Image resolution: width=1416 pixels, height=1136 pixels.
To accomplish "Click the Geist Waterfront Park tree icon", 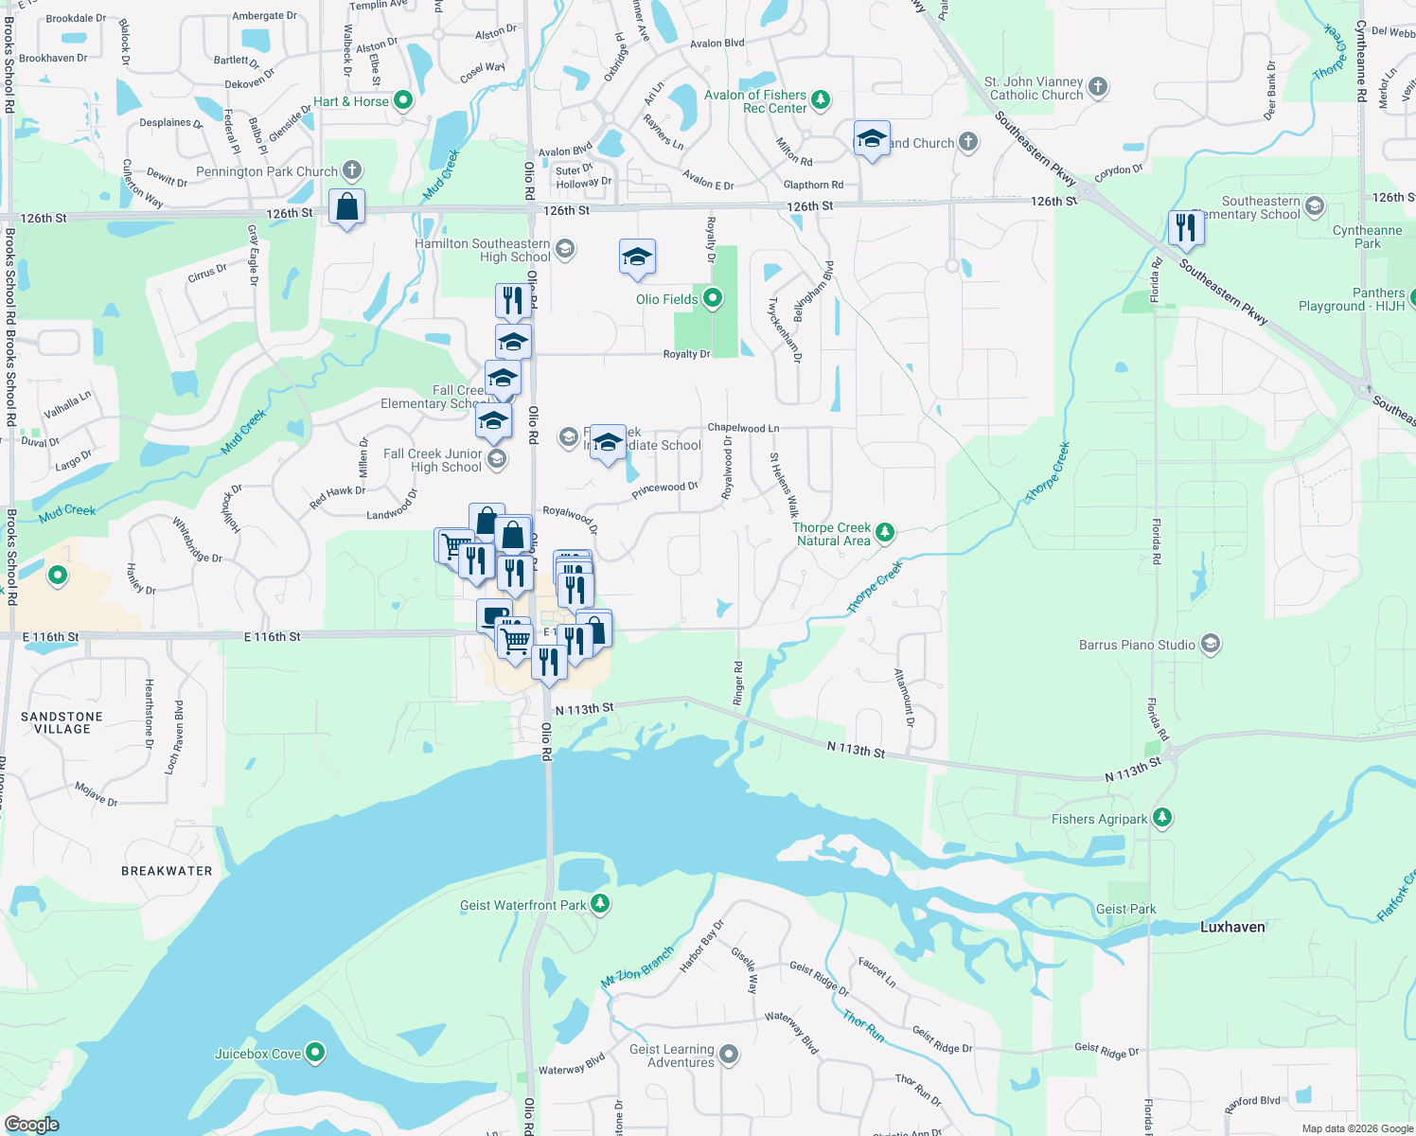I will (x=600, y=904).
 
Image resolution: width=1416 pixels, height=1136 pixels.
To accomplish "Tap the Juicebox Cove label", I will (x=257, y=1054).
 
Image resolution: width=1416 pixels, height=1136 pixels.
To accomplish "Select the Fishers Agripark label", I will (x=1099, y=819).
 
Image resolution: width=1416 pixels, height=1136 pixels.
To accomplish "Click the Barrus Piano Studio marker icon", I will (x=1210, y=645).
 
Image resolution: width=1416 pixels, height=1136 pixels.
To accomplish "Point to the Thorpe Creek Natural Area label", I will (x=831, y=534).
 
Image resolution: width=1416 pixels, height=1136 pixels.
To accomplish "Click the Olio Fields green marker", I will (x=713, y=299).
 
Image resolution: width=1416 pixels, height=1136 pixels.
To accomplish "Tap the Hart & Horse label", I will (x=350, y=101).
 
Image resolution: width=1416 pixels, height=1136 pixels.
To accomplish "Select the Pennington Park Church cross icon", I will (x=352, y=171).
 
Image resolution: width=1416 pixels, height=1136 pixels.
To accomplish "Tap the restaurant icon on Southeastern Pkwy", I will (x=1185, y=228).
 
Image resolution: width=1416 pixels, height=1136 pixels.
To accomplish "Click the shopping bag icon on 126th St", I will (x=347, y=206).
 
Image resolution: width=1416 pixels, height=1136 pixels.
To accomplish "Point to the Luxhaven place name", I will (x=1231, y=927).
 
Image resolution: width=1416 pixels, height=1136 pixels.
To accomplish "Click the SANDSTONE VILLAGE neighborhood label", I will (x=62, y=722).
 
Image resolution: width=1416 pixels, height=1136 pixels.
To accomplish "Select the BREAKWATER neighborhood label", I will (x=167, y=870).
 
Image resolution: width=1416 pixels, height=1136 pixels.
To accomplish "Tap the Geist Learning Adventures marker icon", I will (x=729, y=1054).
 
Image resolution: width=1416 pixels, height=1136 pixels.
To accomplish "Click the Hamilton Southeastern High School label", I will (x=482, y=250).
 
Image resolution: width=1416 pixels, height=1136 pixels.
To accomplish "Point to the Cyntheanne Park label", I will (x=1367, y=237).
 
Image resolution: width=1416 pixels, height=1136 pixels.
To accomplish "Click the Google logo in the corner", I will (x=31, y=1124).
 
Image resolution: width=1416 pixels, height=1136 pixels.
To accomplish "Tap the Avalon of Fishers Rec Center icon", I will (x=821, y=99).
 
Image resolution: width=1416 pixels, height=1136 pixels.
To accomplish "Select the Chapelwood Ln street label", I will (x=743, y=428).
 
